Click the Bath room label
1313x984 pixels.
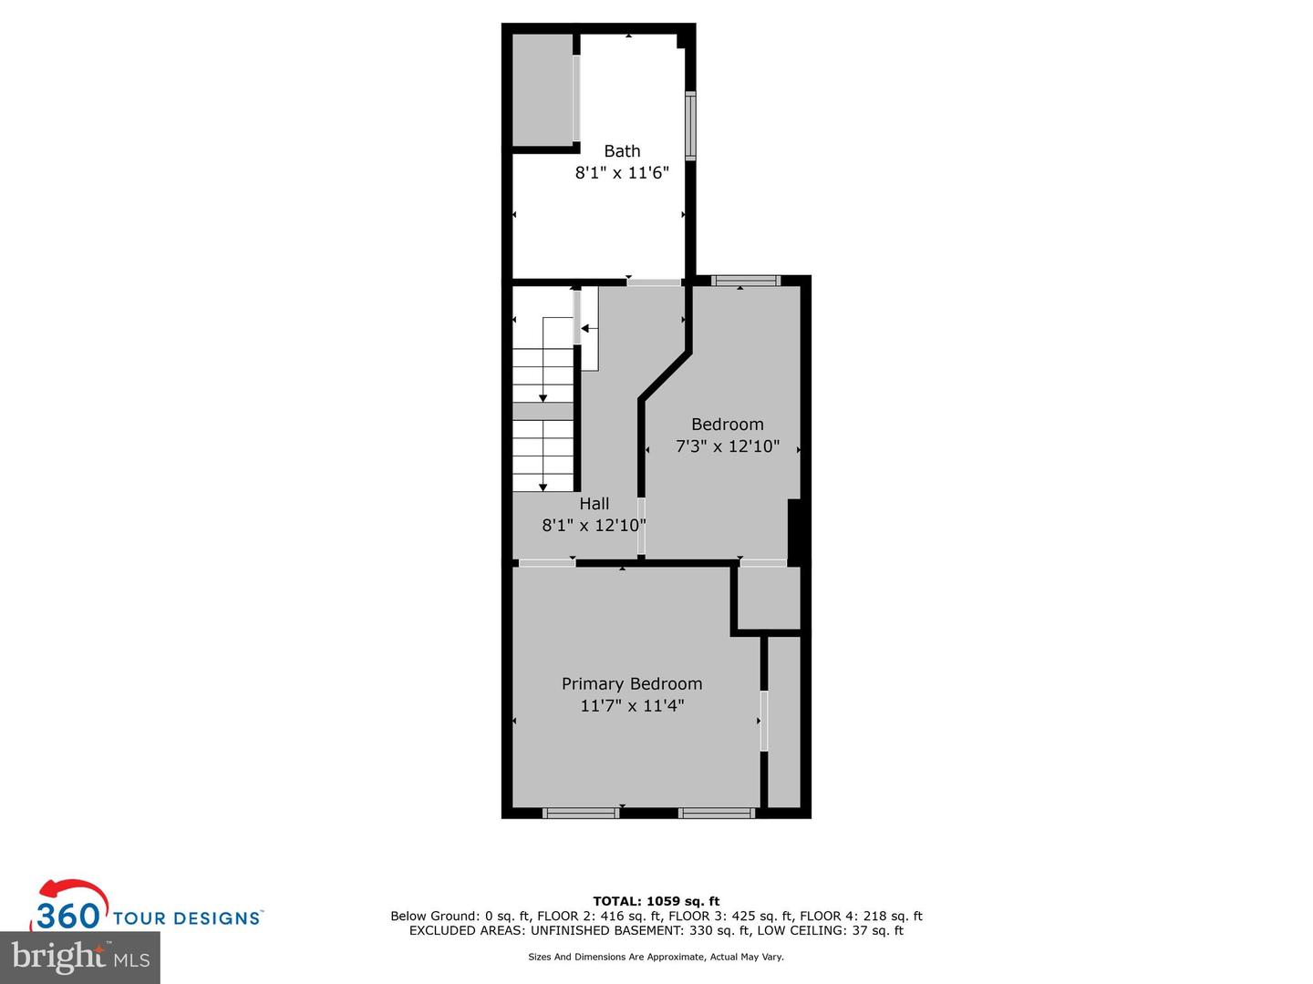tap(622, 151)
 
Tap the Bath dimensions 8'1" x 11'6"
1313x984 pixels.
tap(622, 173)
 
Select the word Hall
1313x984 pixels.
tap(594, 503)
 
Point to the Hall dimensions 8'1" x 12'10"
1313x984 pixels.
tap(594, 525)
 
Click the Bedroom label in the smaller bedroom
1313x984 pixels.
tap(727, 424)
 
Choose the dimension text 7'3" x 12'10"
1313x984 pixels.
tap(727, 446)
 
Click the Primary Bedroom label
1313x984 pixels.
tap(632, 683)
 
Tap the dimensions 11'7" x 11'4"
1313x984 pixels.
tap(632, 705)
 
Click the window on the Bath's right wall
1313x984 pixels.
tap(690, 125)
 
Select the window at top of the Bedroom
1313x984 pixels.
tap(746, 281)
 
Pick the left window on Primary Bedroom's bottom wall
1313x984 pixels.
tap(581, 813)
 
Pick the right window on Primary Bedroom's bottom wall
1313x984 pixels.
tap(717, 813)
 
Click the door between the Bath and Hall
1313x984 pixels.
tap(654, 282)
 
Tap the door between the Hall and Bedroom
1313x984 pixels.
tap(641, 526)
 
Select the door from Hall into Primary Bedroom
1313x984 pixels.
tap(547, 563)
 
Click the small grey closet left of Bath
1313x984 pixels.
tap(542, 89)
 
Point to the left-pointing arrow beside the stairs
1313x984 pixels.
tap(589, 328)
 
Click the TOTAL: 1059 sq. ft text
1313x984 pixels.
tap(656, 901)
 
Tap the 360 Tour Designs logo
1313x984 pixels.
tap(146, 907)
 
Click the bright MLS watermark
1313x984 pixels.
tap(80, 957)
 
